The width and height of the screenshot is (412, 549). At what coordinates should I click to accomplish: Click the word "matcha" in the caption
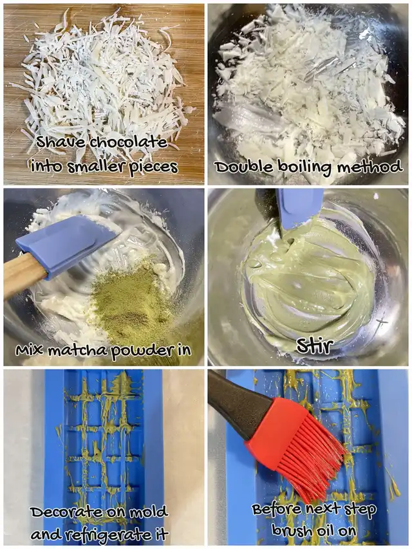click(x=78, y=351)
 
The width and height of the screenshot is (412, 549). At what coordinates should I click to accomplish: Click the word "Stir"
click(x=315, y=346)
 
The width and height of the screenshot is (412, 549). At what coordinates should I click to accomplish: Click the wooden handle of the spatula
click(x=24, y=275)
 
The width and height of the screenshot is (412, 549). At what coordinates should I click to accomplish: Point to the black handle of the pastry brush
click(x=239, y=402)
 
